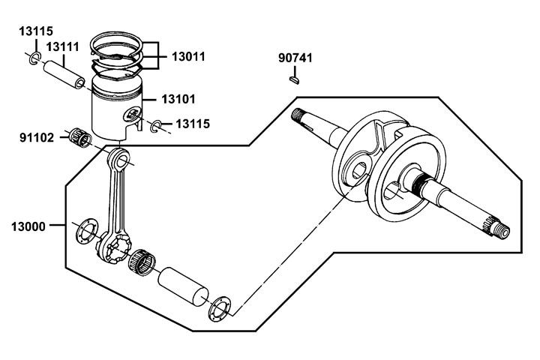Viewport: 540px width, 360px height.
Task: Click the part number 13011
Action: pyautogui.click(x=188, y=56)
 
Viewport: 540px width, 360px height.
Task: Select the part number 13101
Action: pyautogui.click(x=178, y=99)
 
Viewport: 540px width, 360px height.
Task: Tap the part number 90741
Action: pyautogui.click(x=295, y=58)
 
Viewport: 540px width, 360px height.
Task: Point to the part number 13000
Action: pyautogui.click(x=28, y=226)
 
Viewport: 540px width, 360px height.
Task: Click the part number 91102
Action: pyautogui.click(x=37, y=138)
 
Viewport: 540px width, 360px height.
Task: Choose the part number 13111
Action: pyautogui.click(x=63, y=46)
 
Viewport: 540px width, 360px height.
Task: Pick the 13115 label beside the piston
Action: pyautogui.click(x=193, y=124)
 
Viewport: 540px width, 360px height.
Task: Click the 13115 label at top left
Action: pyautogui.click(x=36, y=31)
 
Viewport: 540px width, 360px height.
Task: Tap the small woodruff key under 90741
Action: pyautogui.click(x=294, y=80)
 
